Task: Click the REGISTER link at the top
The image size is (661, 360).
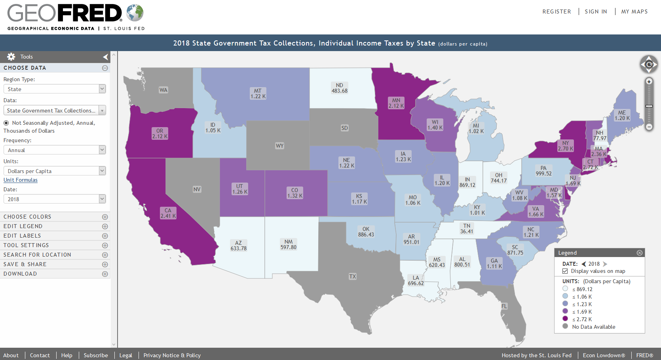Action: pos(557,11)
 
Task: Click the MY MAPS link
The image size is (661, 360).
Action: pos(634,11)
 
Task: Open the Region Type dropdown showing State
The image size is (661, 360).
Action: pos(55,89)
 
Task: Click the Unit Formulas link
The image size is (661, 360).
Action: pos(21,180)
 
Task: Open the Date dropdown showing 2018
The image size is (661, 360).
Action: pos(55,199)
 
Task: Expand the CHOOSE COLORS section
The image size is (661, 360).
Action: pos(105,217)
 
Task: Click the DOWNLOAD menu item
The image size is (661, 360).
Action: pos(20,274)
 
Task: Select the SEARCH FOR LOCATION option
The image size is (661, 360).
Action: pos(37,255)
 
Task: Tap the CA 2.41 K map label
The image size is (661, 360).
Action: pos(168,213)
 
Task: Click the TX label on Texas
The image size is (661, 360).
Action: pos(352,276)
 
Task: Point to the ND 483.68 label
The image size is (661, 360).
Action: pos(340,88)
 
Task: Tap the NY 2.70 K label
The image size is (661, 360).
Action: pos(566,146)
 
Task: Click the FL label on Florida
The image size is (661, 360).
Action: pos(504,306)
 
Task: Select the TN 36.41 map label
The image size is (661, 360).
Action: pos(467,229)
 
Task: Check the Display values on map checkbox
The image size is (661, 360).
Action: pos(565,271)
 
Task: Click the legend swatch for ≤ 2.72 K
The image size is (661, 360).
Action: pos(565,319)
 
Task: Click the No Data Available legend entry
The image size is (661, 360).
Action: pos(593,327)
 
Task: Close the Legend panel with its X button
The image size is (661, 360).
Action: pos(639,253)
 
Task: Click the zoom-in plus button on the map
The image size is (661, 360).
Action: pos(649,82)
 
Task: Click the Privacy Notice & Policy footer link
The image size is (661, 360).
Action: pos(172,355)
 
